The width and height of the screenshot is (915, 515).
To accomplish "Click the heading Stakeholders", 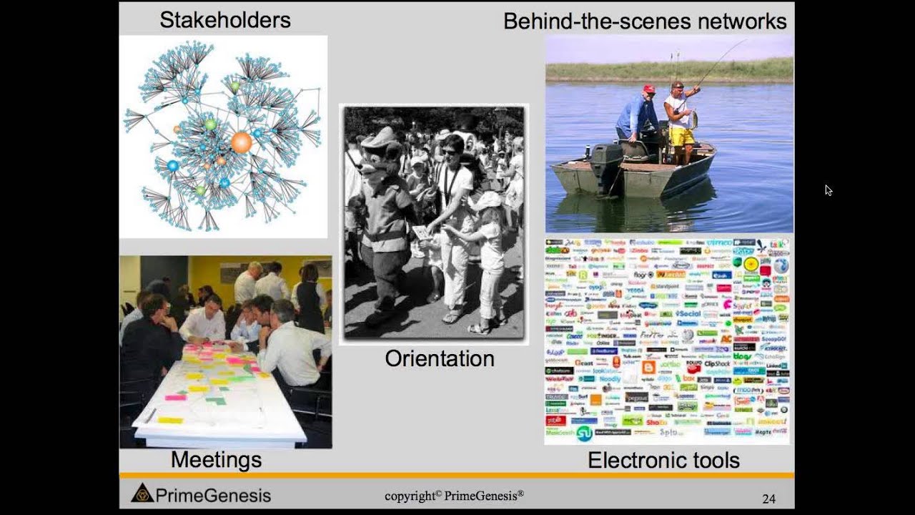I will (x=224, y=19).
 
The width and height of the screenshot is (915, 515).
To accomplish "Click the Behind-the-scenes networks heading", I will (x=645, y=21).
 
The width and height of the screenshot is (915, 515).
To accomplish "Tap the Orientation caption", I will (x=439, y=358).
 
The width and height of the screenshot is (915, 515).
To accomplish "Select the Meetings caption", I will (x=216, y=460).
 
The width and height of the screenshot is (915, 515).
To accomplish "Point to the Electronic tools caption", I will (x=663, y=461).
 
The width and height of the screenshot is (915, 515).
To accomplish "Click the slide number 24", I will (x=768, y=499).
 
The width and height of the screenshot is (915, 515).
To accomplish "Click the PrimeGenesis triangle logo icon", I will (x=142, y=493).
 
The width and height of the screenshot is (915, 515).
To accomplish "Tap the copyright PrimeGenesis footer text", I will (x=454, y=496).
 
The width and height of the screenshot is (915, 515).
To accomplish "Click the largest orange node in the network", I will (x=242, y=142).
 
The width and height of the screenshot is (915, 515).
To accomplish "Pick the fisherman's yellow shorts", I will (x=681, y=136).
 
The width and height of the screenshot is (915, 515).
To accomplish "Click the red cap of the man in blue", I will (x=648, y=89).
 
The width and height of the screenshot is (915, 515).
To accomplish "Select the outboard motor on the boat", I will (x=605, y=159).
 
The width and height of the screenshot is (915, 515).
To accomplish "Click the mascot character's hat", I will (x=380, y=137).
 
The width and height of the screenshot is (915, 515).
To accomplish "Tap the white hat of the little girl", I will (x=488, y=200).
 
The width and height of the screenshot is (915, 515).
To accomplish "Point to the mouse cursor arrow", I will (x=827, y=189).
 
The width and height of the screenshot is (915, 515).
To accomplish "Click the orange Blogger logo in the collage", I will (x=648, y=367).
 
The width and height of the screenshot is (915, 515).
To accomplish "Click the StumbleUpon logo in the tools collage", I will (x=584, y=433).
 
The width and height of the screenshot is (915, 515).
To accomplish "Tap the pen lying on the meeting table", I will (x=151, y=415).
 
